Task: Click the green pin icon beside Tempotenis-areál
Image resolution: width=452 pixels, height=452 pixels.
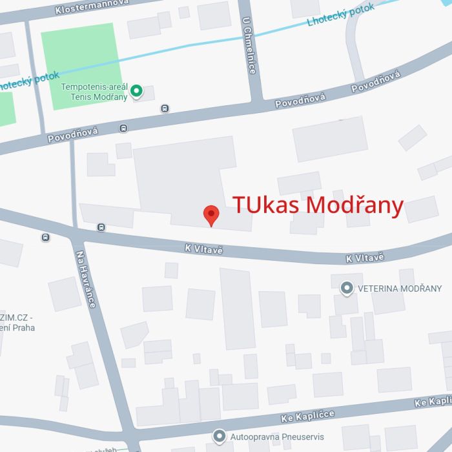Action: [x=136, y=91]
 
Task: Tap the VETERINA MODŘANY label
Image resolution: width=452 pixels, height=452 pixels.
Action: [x=400, y=288]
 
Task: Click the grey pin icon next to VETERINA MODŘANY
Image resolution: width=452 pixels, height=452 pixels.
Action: [x=347, y=288]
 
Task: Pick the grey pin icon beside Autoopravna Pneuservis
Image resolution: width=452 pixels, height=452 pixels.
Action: [x=220, y=437]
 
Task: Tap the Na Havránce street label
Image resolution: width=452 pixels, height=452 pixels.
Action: [x=86, y=278]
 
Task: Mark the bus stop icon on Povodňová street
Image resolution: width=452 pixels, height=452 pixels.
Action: [x=165, y=108]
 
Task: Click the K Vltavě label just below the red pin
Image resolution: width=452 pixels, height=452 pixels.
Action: [x=203, y=249]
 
